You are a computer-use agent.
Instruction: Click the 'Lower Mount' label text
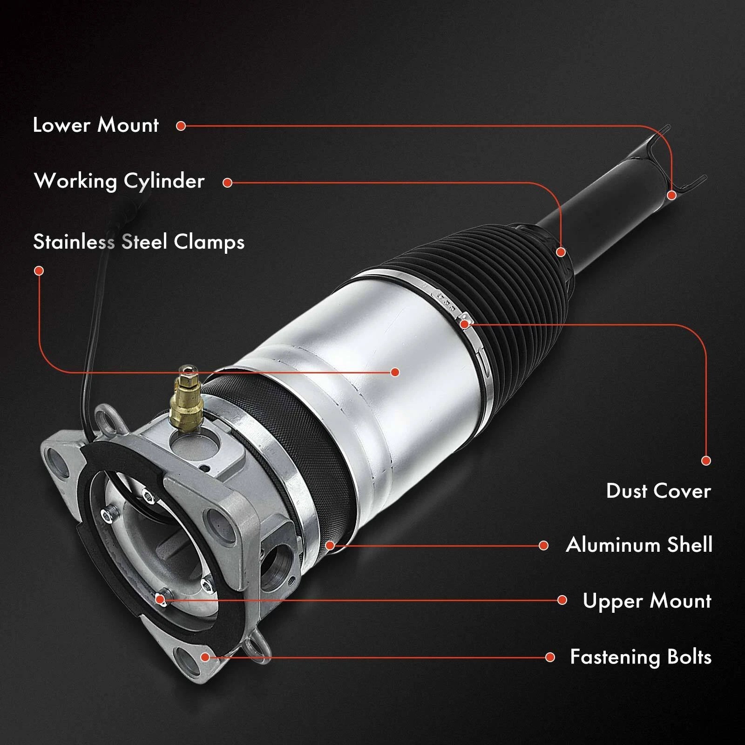[95, 125]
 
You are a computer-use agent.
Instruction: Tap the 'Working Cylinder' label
[119, 181]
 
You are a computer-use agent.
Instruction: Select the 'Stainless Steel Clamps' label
[139, 242]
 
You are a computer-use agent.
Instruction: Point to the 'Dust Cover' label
[658, 491]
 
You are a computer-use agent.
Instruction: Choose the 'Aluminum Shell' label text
[639, 545]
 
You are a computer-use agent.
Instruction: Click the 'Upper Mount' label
[647, 601]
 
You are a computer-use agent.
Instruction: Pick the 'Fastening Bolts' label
[641, 657]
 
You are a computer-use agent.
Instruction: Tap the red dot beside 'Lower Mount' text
[181, 126]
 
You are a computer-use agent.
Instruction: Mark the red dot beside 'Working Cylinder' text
[227, 183]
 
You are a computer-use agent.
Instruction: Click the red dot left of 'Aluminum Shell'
[543, 545]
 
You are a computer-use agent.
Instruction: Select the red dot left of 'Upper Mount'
[562, 600]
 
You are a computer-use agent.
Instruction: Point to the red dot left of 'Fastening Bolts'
[550, 657]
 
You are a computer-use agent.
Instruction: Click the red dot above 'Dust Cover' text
[706, 461]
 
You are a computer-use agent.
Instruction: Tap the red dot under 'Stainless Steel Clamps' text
[39, 271]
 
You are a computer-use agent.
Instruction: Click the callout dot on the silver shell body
[395, 372]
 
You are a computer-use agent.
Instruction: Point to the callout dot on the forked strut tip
[671, 195]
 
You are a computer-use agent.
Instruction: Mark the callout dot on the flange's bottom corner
[205, 657]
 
